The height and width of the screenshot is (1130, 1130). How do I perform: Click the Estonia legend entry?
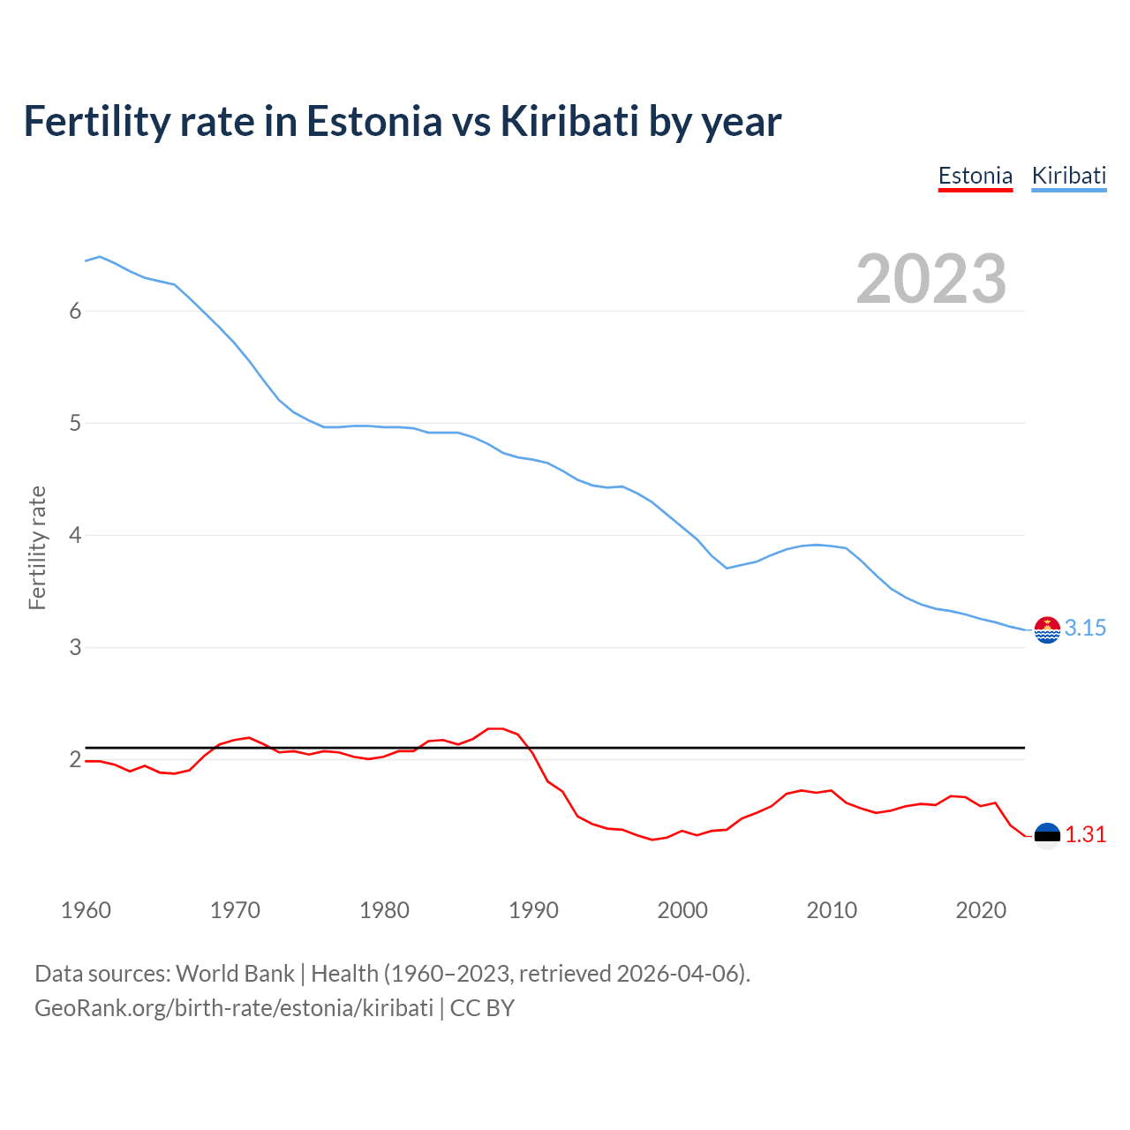tap(975, 176)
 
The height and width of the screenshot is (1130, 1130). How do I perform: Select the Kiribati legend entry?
tap(1068, 176)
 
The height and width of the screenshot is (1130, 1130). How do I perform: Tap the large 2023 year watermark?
tap(930, 279)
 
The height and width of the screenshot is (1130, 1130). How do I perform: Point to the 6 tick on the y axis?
tap(75, 311)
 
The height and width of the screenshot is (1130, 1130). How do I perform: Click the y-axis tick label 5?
tap(75, 423)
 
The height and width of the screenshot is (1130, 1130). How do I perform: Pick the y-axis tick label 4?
tap(75, 535)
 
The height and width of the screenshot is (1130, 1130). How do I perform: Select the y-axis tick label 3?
tap(75, 647)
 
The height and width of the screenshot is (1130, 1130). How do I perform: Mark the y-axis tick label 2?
tap(75, 759)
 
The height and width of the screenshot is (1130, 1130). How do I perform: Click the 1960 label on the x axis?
tap(86, 910)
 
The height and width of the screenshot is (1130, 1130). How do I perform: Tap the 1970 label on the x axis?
tap(235, 910)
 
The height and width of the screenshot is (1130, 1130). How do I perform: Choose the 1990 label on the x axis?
tap(533, 910)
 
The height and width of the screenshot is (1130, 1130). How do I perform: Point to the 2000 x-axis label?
tap(682, 910)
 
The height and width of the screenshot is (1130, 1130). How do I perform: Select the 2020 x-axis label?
tap(981, 910)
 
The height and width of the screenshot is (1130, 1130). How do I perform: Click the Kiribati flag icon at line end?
tap(1047, 629)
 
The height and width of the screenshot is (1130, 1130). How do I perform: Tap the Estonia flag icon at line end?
tap(1047, 835)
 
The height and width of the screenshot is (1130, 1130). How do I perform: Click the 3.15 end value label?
tap(1085, 628)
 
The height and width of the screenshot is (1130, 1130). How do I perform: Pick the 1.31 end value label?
tap(1085, 834)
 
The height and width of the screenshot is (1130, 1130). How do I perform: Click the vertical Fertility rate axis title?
tap(37, 547)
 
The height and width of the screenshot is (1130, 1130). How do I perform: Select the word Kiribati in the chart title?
tap(569, 122)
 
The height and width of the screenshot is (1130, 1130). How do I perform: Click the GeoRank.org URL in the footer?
tap(234, 1008)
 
